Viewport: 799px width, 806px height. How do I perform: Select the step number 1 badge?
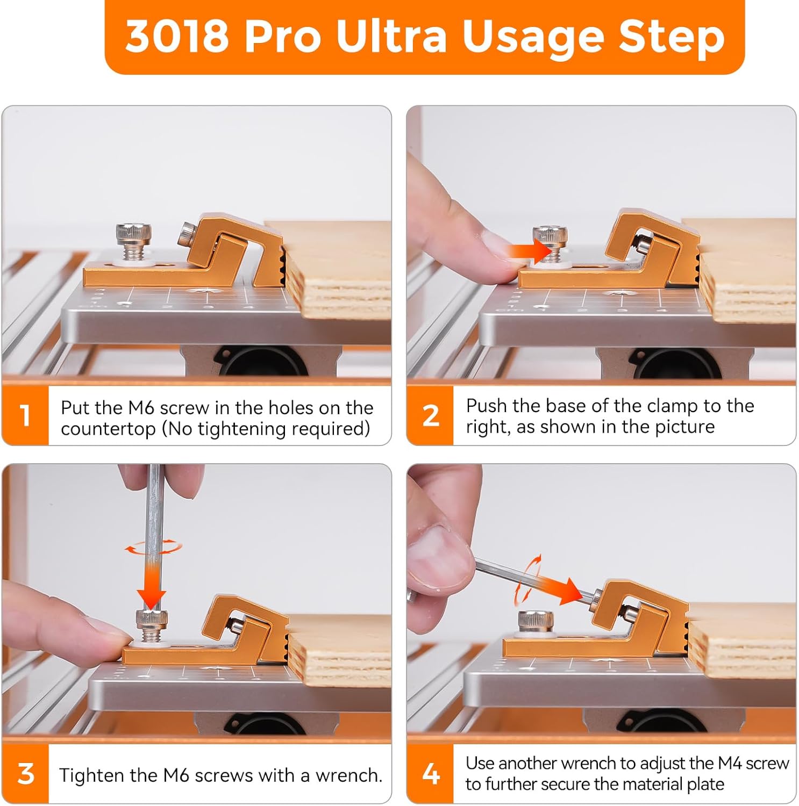(25, 415)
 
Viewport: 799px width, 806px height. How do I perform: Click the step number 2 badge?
(430, 415)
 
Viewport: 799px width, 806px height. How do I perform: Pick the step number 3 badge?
(25, 774)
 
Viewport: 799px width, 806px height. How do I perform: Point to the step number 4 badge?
(430, 774)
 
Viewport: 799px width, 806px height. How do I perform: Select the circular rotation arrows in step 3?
(153, 548)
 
